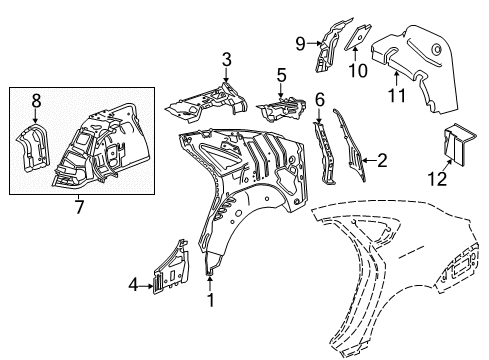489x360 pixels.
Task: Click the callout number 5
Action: (282, 74)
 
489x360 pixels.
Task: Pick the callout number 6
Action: (319, 99)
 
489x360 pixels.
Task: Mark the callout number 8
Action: (36, 100)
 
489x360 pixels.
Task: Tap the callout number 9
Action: (299, 42)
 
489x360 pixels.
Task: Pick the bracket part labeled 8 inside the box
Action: (37, 149)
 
